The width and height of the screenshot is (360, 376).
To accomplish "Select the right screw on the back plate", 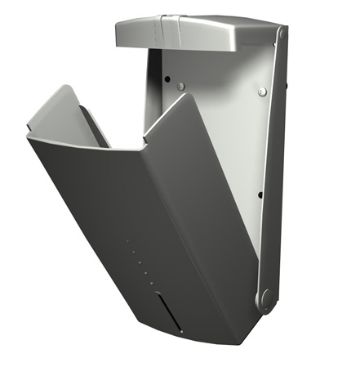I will [262, 91].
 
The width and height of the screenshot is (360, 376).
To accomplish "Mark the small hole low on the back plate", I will [260, 195].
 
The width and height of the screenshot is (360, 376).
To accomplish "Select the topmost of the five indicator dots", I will [129, 241].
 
